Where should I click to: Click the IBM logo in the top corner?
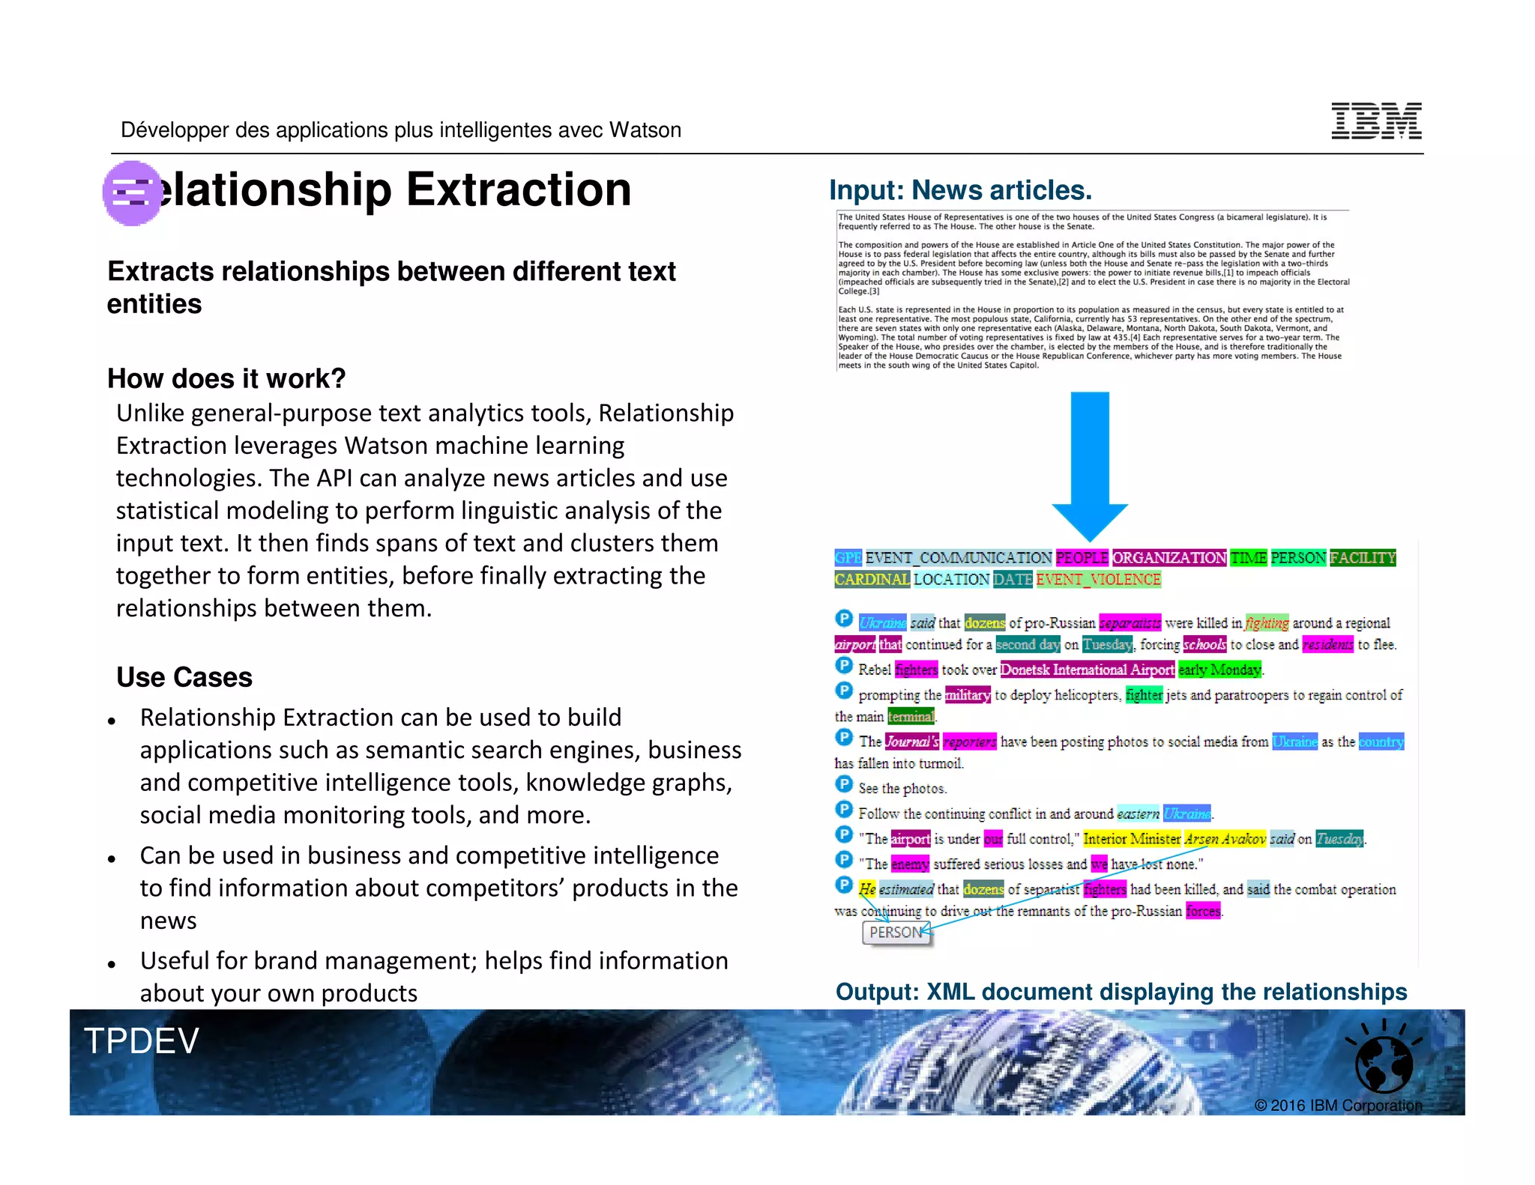(1376, 121)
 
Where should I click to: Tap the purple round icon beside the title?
(132, 193)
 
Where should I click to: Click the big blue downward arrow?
(1090, 464)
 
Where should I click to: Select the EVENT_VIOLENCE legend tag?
(1098, 579)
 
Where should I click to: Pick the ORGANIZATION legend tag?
(1169, 557)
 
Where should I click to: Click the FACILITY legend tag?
(1363, 557)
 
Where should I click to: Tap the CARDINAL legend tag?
(872, 579)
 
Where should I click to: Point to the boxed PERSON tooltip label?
(896, 933)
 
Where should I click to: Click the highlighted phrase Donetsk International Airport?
(1087, 670)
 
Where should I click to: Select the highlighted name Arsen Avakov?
(1225, 839)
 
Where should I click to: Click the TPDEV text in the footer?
(142, 1041)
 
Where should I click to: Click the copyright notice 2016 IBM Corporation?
(1338, 1106)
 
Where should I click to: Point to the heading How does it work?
(226, 379)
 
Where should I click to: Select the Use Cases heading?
(184, 677)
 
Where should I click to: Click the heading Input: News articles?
(960, 190)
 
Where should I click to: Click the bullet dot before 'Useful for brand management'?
(112, 964)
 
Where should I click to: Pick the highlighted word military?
(968, 695)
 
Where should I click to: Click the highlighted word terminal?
(911, 717)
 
